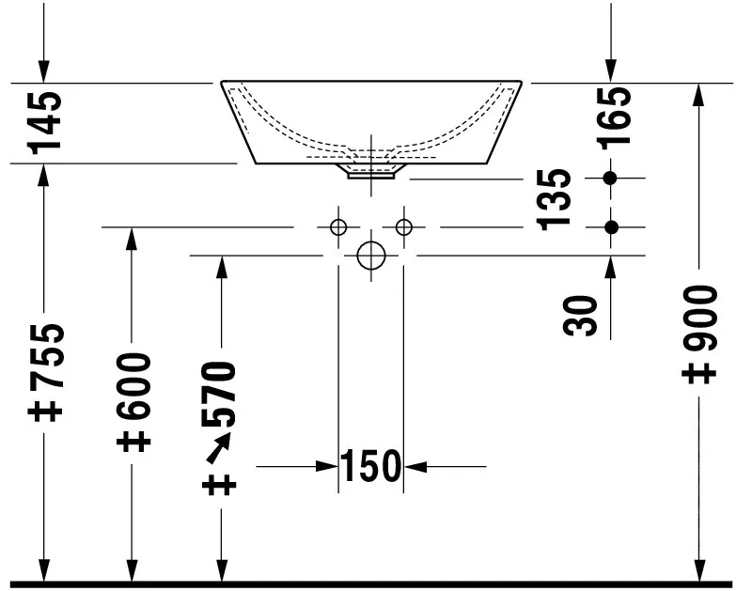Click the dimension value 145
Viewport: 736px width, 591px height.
pyautogui.click(x=45, y=123)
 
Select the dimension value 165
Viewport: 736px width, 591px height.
pyautogui.click(x=615, y=117)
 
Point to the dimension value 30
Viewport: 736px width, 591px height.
pyautogui.click(x=580, y=316)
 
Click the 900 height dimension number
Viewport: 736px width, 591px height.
pyautogui.click(x=700, y=318)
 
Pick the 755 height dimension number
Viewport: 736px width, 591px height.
pyautogui.click(x=45, y=356)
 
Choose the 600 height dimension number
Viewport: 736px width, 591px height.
pyautogui.click(x=133, y=386)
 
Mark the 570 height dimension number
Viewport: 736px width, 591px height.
pyautogui.click(x=218, y=394)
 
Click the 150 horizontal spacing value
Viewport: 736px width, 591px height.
pyautogui.click(x=370, y=466)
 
